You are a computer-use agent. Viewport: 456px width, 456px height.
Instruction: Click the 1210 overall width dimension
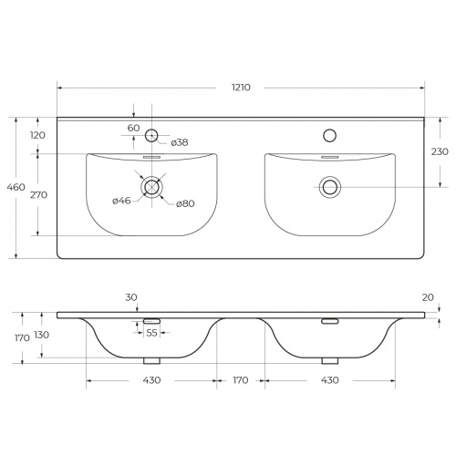[x=241, y=88]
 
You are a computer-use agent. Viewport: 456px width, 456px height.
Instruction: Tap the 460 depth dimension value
[x=16, y=187]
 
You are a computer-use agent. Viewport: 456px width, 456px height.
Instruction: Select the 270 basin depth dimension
[x=38, y=194]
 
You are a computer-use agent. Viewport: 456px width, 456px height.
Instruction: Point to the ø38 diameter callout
[x=180, y=142]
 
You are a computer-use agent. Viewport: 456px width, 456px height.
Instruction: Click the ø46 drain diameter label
[x=121, y=201]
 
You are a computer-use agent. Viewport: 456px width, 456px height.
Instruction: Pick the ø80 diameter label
[x=185, y=203]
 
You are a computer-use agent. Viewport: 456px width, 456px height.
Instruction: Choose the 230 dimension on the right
[x=440, y=151]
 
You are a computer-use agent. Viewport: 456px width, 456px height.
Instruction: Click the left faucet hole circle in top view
[x=151, y=135]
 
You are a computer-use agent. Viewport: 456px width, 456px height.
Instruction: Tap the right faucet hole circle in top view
[x=330, y=135]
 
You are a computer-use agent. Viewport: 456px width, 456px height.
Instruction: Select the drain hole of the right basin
[x=330, y=187]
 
